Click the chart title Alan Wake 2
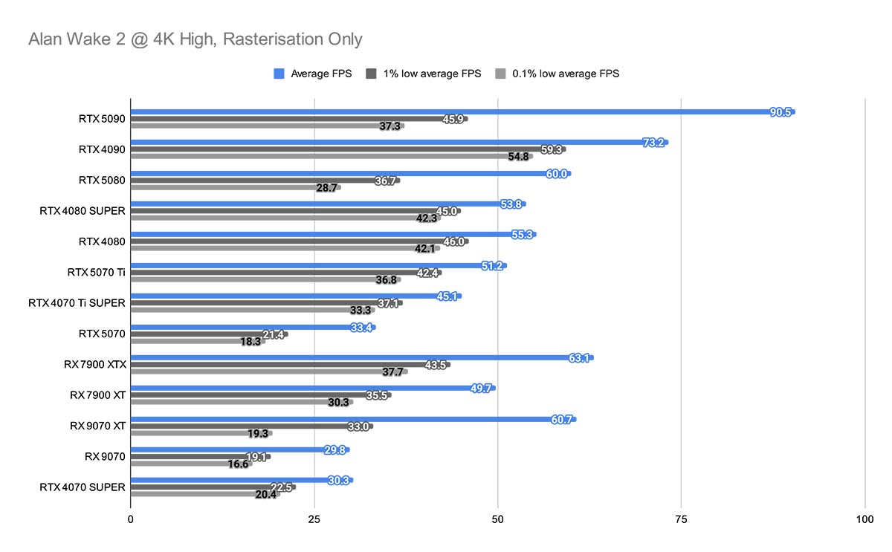pos(195,39)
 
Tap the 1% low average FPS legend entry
pos(432,74)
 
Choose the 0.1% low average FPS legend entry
pos(565,74)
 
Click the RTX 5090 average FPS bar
pos(446,112)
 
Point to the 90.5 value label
pos(780,112)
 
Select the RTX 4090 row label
pos(102,149)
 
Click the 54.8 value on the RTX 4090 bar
pos(518,157)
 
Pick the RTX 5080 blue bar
pos(334,173)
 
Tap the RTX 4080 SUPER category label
pos(83,210)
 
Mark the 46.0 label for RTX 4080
pos(453,241)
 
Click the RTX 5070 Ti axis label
pos(96,272)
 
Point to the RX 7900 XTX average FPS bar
pos(349,357)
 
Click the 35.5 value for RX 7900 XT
pos(377,395)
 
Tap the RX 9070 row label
pos(105,456)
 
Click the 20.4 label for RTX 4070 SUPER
pos(265,495)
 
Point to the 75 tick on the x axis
pos(682,520)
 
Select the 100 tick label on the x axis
pos(865,520)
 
